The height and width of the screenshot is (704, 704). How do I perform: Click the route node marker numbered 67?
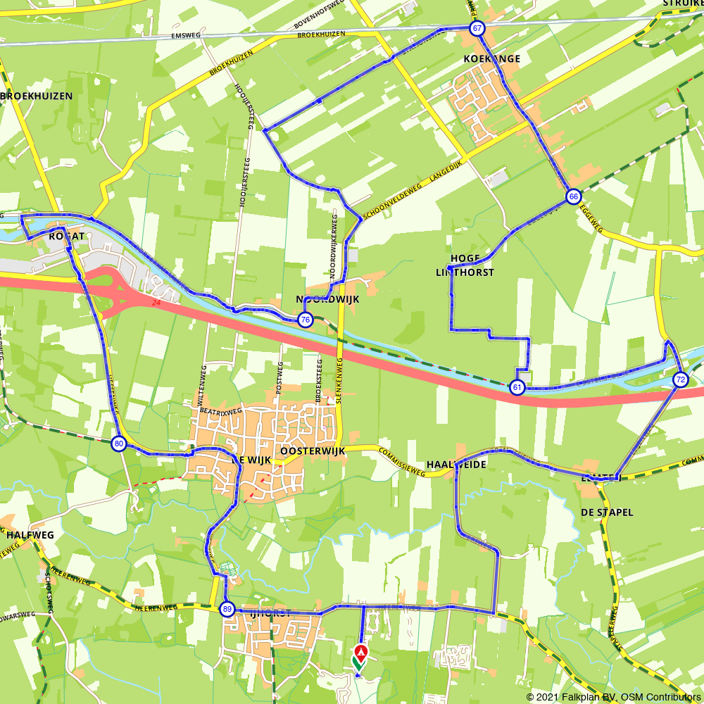tap(477, 29)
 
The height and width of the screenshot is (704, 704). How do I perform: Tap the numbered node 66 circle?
tap(573, 196)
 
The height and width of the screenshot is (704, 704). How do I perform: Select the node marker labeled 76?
tap(305, 320)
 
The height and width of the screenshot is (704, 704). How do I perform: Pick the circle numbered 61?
tap(517, 387)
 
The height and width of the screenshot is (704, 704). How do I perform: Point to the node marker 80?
tap(118, 444)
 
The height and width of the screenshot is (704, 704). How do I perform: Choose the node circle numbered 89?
tap(227, 610)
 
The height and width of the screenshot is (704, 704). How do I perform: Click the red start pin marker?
tap(360, 652)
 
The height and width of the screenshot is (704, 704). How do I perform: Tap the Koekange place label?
tap(491, 58)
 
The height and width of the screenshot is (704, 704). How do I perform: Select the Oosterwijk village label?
tap(312, 451)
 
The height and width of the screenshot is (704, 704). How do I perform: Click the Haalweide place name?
tap(456, 465)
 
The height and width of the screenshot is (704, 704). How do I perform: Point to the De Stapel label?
tap(607, 512)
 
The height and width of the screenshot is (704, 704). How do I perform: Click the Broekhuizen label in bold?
tap(37, 96)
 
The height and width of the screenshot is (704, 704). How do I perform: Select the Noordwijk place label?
tap(327, 299)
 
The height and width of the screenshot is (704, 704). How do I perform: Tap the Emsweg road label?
tap(186, 36)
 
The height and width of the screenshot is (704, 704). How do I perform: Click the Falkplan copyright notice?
tap(613, 697)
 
